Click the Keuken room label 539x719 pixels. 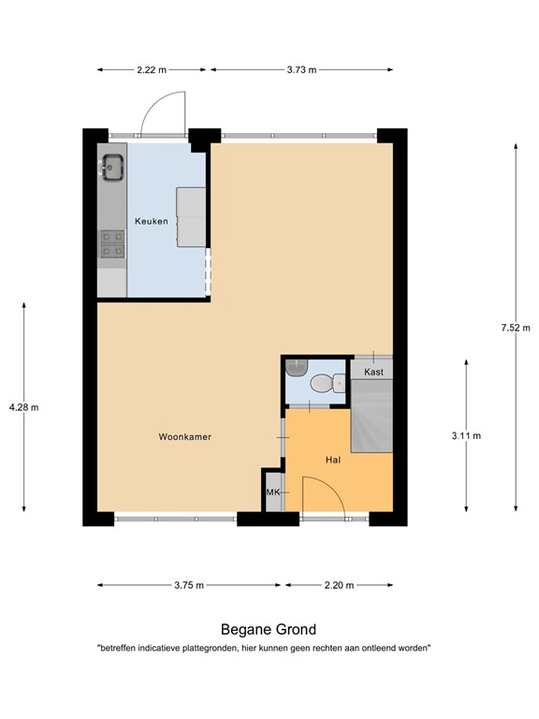point(152,221)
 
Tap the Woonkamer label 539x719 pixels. point(183,436)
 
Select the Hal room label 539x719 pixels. point(332,460)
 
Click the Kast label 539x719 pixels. point(373,372)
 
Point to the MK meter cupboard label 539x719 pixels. point(273,492)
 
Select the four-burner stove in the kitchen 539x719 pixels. point(112,243)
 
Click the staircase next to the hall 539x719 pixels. point(371,417)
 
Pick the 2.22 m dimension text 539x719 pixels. point(151,69)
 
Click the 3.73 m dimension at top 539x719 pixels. point(300,69)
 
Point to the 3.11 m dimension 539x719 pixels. point(465,435)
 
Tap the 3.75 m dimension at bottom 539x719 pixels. point(188,585)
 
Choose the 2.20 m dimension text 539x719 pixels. point(338,585)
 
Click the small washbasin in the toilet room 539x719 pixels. point(297,366)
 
